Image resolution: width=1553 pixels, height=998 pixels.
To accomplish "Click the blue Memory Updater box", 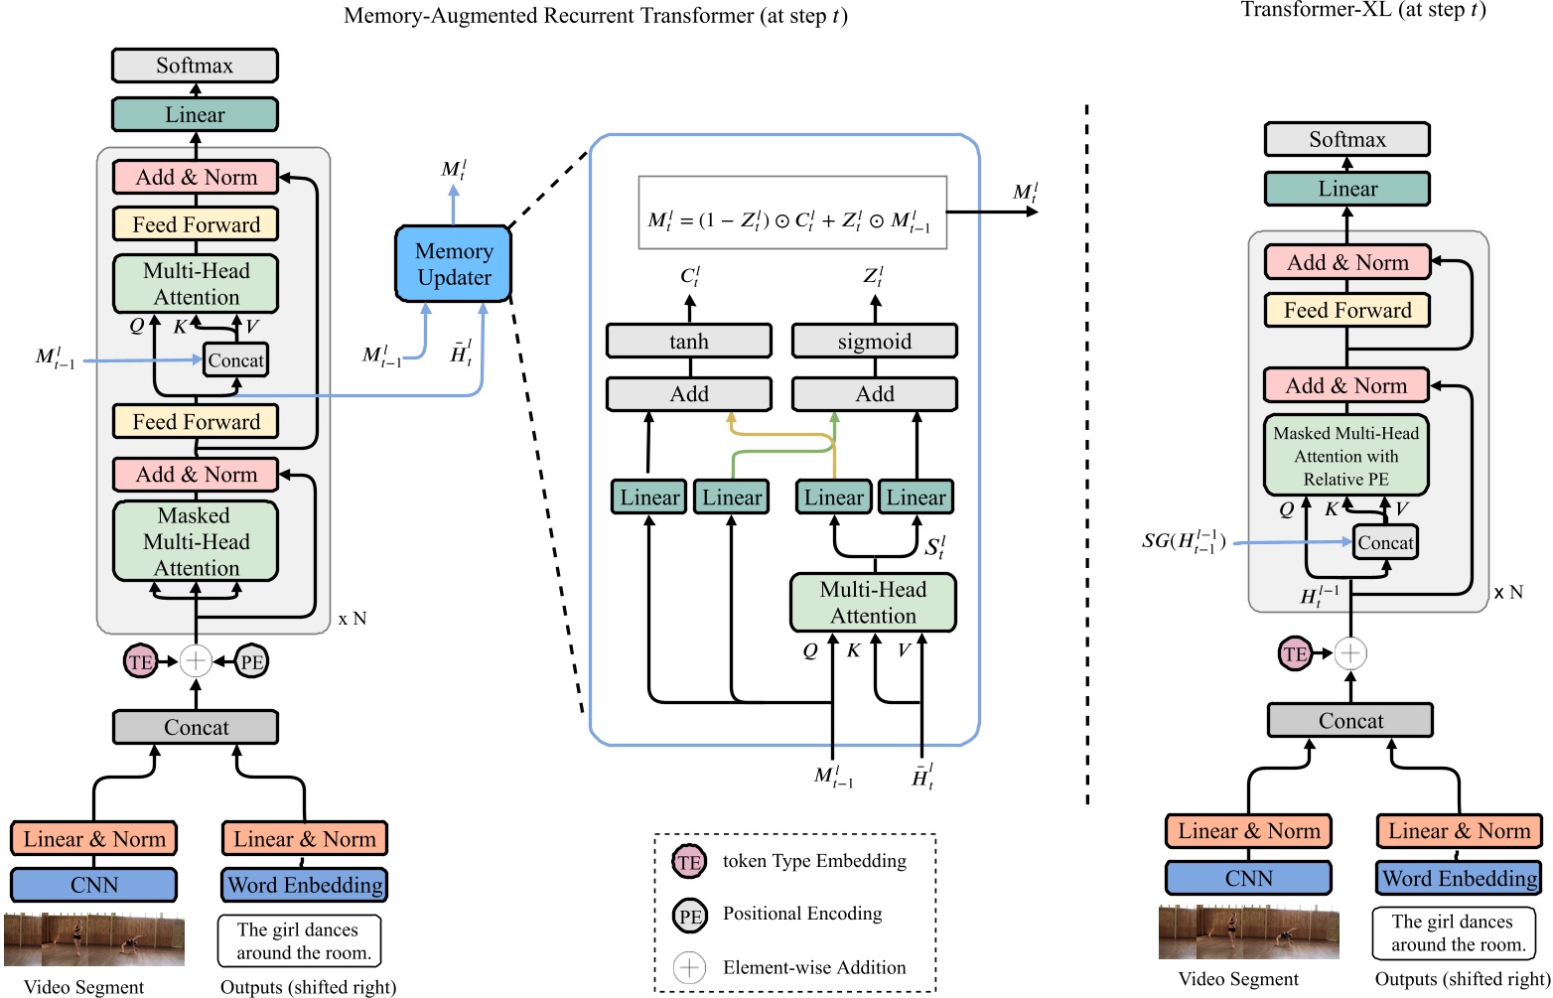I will pyautogui.click(x=453, y=264).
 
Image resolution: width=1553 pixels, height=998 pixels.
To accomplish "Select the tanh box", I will pyautogui.click(x=688, y=342).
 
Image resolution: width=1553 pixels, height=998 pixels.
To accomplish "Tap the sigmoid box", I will pyautogui.click(x=874, y=342).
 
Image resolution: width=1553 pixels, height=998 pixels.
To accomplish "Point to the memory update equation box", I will pyautogui.click(x=791, y=213).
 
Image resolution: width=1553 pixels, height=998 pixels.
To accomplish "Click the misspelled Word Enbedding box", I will pyautogui.click(x=304, y=885).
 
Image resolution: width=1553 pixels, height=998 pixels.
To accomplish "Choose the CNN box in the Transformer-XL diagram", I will pyautogui.click(x=1248, y=878).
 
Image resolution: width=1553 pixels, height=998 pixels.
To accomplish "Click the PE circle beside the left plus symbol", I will pyautogui.click(x=252, y=661).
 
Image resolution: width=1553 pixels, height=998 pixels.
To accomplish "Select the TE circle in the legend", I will pyautogui.click(x=689, y=862).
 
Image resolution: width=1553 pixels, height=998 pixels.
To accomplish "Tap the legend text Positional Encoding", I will pyautogui.click(x=802, y=914).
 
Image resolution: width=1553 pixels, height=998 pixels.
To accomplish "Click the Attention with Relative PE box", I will pyautogui.click(x=1345, y=456).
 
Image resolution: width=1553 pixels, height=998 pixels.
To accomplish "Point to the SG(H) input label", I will pyautogui.click(x=1184, y=541).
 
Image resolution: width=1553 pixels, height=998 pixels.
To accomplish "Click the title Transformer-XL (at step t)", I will pyautogui.click(x=1362, y=10).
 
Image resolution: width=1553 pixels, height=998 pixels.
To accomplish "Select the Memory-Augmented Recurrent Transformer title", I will pyautogui.click(x=595, y=16).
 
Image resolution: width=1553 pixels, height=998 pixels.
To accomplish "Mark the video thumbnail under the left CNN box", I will pyautogui.click(x=94, y=938).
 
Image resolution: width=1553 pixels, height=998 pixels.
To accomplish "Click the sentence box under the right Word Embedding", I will pyautogui.click(x=1453, y=933).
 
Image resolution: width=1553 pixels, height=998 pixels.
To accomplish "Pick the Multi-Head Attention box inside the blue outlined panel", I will pyautogui.click(x=873, y=603).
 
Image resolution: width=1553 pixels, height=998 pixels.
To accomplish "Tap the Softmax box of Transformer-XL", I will pyautogui.click(x=1346, y=140).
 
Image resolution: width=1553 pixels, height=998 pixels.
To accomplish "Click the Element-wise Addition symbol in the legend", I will pyautogui.click(x=689, y=967).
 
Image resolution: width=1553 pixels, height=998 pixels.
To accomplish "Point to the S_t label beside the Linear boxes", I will pyautogui.click(x=934, y=547).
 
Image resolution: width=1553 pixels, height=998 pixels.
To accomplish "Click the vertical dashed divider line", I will pyautogui.click(x=1087, y=447).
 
